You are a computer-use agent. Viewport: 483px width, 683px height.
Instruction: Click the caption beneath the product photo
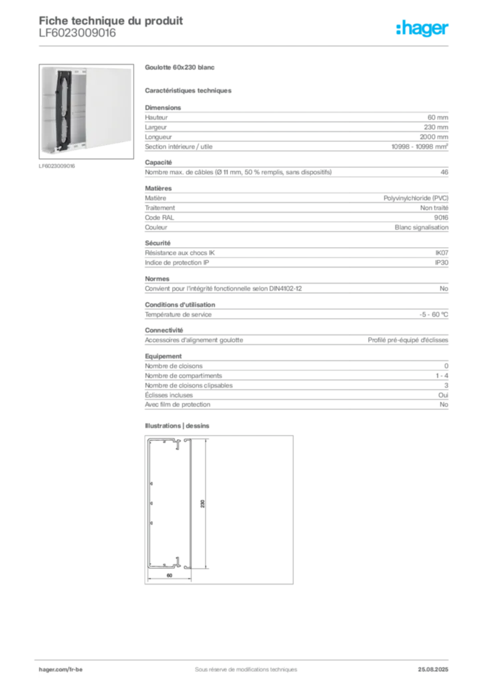tap(59, 167)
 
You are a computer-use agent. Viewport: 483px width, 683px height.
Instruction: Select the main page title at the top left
tap(111, 19)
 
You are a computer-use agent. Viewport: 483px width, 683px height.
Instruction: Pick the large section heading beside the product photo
tap(181, 67)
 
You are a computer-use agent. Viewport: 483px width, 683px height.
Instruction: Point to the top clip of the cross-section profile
tap(178, 446)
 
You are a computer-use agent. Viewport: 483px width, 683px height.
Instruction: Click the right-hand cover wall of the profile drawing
tap(191, 504)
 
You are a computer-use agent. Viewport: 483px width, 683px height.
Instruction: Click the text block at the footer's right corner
tap(438, 664)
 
